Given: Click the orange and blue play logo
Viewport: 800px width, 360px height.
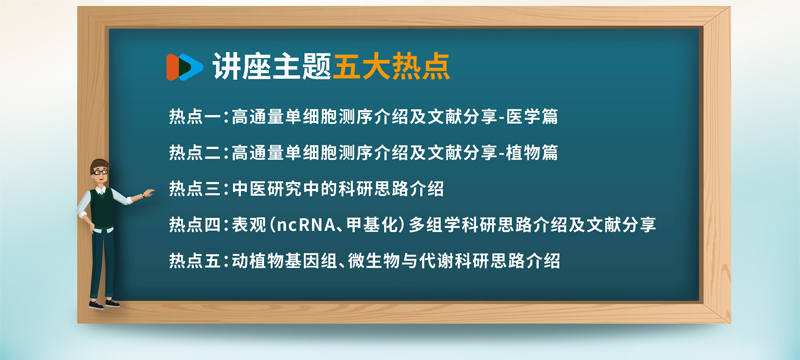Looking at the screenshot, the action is coord(184,67).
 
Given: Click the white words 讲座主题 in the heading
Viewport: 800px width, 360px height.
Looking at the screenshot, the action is coord(272,67).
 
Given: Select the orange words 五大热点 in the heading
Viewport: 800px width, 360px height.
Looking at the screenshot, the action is coord(391,67).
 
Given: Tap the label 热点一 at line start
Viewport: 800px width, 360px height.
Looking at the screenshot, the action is coord(194,117).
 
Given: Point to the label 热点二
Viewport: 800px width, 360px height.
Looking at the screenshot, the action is coord(194,153).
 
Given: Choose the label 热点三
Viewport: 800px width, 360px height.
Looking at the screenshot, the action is coord(194,189).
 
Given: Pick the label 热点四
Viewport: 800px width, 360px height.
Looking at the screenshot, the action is coord(194,225).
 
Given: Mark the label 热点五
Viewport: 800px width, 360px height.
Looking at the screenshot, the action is coord(194,261).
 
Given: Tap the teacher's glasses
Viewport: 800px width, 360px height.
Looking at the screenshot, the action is coord(100,172).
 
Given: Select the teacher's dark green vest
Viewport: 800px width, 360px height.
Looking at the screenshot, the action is coord(103,208).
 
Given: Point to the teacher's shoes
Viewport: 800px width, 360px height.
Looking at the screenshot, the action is coord(104,304).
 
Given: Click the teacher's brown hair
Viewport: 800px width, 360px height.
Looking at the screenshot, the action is coord(99,164).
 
